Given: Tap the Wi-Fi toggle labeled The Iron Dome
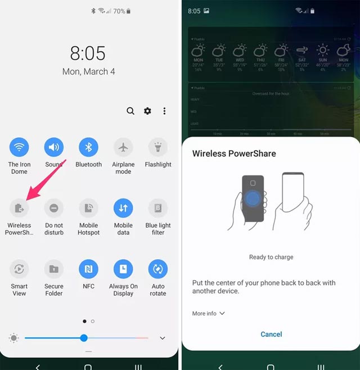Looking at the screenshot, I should [x=20, y=148].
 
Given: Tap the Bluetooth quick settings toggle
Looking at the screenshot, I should [x=88, y=148].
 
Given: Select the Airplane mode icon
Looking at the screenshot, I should [x=123, y=148].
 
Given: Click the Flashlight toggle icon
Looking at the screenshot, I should [x=158, y=148].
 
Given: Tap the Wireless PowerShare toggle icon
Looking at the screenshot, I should [x=20, y=209].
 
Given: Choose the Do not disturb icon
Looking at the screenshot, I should [x=54, y=209].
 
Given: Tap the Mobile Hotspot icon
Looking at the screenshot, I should [x=88, y=209].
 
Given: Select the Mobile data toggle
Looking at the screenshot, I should [x=123, y=209].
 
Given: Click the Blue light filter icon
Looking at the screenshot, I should [x=158, y=209].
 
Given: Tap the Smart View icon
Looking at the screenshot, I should [x=20, y=269].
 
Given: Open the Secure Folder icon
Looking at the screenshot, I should [x=54, y=269].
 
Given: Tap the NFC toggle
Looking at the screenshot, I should [x=88, y=269].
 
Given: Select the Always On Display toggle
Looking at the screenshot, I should [x=123, y=269].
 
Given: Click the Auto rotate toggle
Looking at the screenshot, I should [x=158, y=269].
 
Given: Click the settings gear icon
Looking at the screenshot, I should [x=147, y=111].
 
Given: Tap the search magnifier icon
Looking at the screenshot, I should [x=130, y=111].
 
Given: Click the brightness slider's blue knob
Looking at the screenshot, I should [x=84, y=338].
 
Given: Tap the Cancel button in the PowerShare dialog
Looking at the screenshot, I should [x=271, y=334].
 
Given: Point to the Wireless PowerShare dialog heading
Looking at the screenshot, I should [x=233, y=154].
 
